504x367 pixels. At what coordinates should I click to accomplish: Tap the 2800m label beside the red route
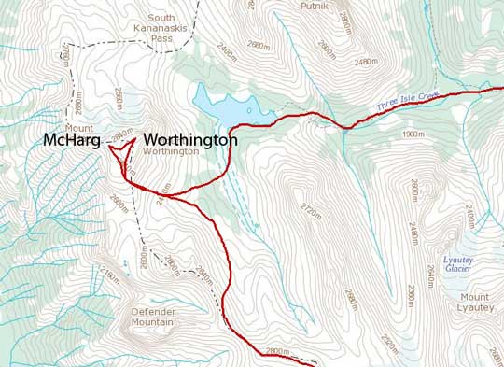pyautogui.click(x=280, y=351)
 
